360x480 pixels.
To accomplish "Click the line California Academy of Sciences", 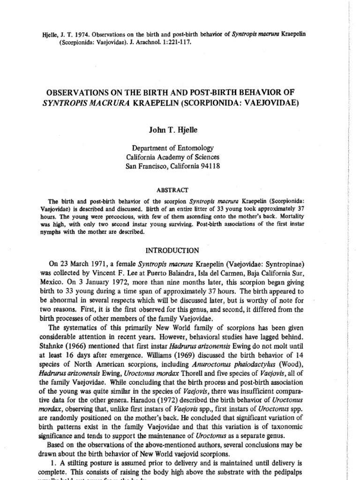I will point(172,157).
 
